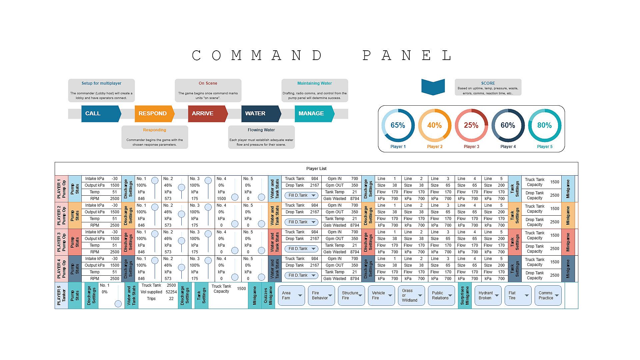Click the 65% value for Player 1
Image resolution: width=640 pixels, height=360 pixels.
point(398,125)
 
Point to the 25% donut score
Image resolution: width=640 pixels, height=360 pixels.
point(471,125)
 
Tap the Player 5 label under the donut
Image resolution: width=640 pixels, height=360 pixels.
point(545,147)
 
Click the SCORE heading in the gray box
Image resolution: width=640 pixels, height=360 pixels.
point(488,83)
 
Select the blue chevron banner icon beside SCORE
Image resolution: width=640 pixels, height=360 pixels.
point(433,87)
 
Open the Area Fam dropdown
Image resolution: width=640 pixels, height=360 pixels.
point(291,295)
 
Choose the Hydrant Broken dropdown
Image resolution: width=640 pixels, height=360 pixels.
point(488,295)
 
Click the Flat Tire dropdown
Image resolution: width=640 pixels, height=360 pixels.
point(518,295)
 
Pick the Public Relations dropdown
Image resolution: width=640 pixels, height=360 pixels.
point(441,295)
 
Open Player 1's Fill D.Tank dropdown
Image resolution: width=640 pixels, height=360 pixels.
point(301,195)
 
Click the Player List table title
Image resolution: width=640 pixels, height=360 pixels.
point(316,169)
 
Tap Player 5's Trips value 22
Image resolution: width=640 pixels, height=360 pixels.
point(171,299)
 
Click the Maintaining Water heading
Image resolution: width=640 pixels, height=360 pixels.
point(314,83)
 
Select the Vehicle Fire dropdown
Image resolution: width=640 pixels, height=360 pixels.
point(381,295)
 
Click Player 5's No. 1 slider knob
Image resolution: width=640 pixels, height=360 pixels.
point(118,304)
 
